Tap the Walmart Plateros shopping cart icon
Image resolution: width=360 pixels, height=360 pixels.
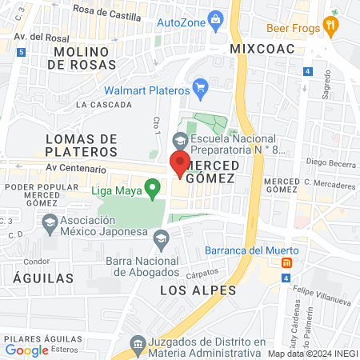coord(201,86)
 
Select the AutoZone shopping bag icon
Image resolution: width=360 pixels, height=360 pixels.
coord(214,19)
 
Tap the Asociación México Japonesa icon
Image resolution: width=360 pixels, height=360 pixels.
coord(50,222)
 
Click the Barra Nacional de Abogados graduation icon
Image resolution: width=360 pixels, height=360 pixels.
coord(162,238)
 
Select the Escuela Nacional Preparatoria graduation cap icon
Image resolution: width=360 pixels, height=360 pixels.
coord(181,140)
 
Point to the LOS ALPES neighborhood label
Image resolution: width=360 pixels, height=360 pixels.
coord(197,290)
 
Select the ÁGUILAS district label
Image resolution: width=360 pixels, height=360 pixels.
coord(38,278)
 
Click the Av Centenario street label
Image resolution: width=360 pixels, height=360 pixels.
coord(76,169)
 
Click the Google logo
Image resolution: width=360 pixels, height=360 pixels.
coord(26,350)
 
